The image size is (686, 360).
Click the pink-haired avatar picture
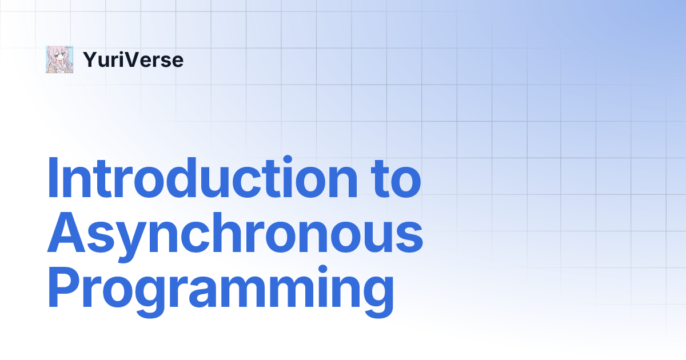click(x=59, y=59)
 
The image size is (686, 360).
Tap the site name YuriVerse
click(x=133, y=59)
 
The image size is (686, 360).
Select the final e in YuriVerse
click(x=177, y=62)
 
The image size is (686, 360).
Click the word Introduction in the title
click(x=202, y=178)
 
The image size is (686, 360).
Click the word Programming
click(x=221, y=291)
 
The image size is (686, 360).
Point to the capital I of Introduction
click(x=53, y=178)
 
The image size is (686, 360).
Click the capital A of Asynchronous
click(x=66, y=232)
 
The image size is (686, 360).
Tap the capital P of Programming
click(x=63, y=286)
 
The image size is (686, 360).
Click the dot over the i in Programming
click(x=323, y=270)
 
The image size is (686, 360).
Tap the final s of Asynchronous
click(x=409, y=238)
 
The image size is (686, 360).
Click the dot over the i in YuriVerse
click(x=122, y=53)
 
